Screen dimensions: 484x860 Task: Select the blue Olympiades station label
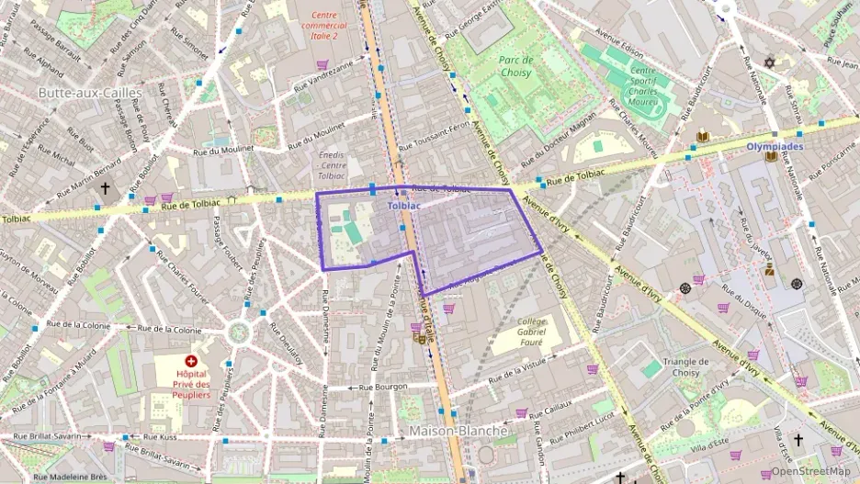click(x=773, y=146)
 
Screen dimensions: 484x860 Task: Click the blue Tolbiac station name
click(x=404, y=207)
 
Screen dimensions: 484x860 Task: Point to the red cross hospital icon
click(x=191, y=362)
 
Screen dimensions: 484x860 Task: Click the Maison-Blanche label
click(x=458, y=430)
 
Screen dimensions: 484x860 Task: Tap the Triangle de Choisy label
click(x=681, y=366)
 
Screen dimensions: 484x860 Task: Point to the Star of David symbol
click(x=770, y=63)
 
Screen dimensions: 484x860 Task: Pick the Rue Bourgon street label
click(x=382, y=388)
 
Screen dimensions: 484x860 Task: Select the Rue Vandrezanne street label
click(x=322, y=78)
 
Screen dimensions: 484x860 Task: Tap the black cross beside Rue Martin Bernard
click(x=105, y=188)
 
